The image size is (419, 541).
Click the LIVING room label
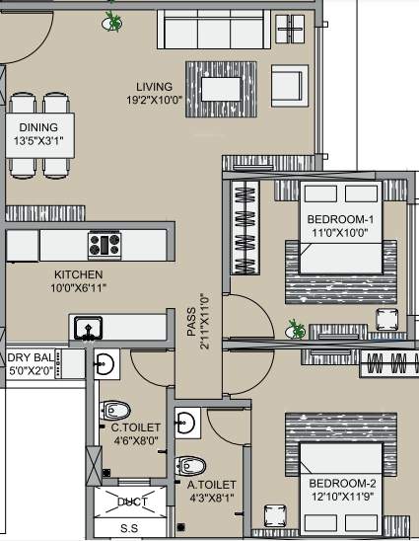[x=155, y=86]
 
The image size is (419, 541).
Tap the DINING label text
[x=38, y=127]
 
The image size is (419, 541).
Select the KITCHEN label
[x=79, y=273]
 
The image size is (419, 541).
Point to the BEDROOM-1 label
[x=340, y=219]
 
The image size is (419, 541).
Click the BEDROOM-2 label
[x=341, y=483]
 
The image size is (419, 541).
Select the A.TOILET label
[x=211, y=485]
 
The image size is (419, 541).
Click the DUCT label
[x=132, y=502]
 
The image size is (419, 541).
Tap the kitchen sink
[x=88, y=327]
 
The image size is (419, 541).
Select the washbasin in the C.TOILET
[x=107, y=364]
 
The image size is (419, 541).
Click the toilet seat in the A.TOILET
[x=188, y=465]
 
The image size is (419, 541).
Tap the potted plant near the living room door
[x=113, y=20]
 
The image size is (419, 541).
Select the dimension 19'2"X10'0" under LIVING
[x=155, y=100]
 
